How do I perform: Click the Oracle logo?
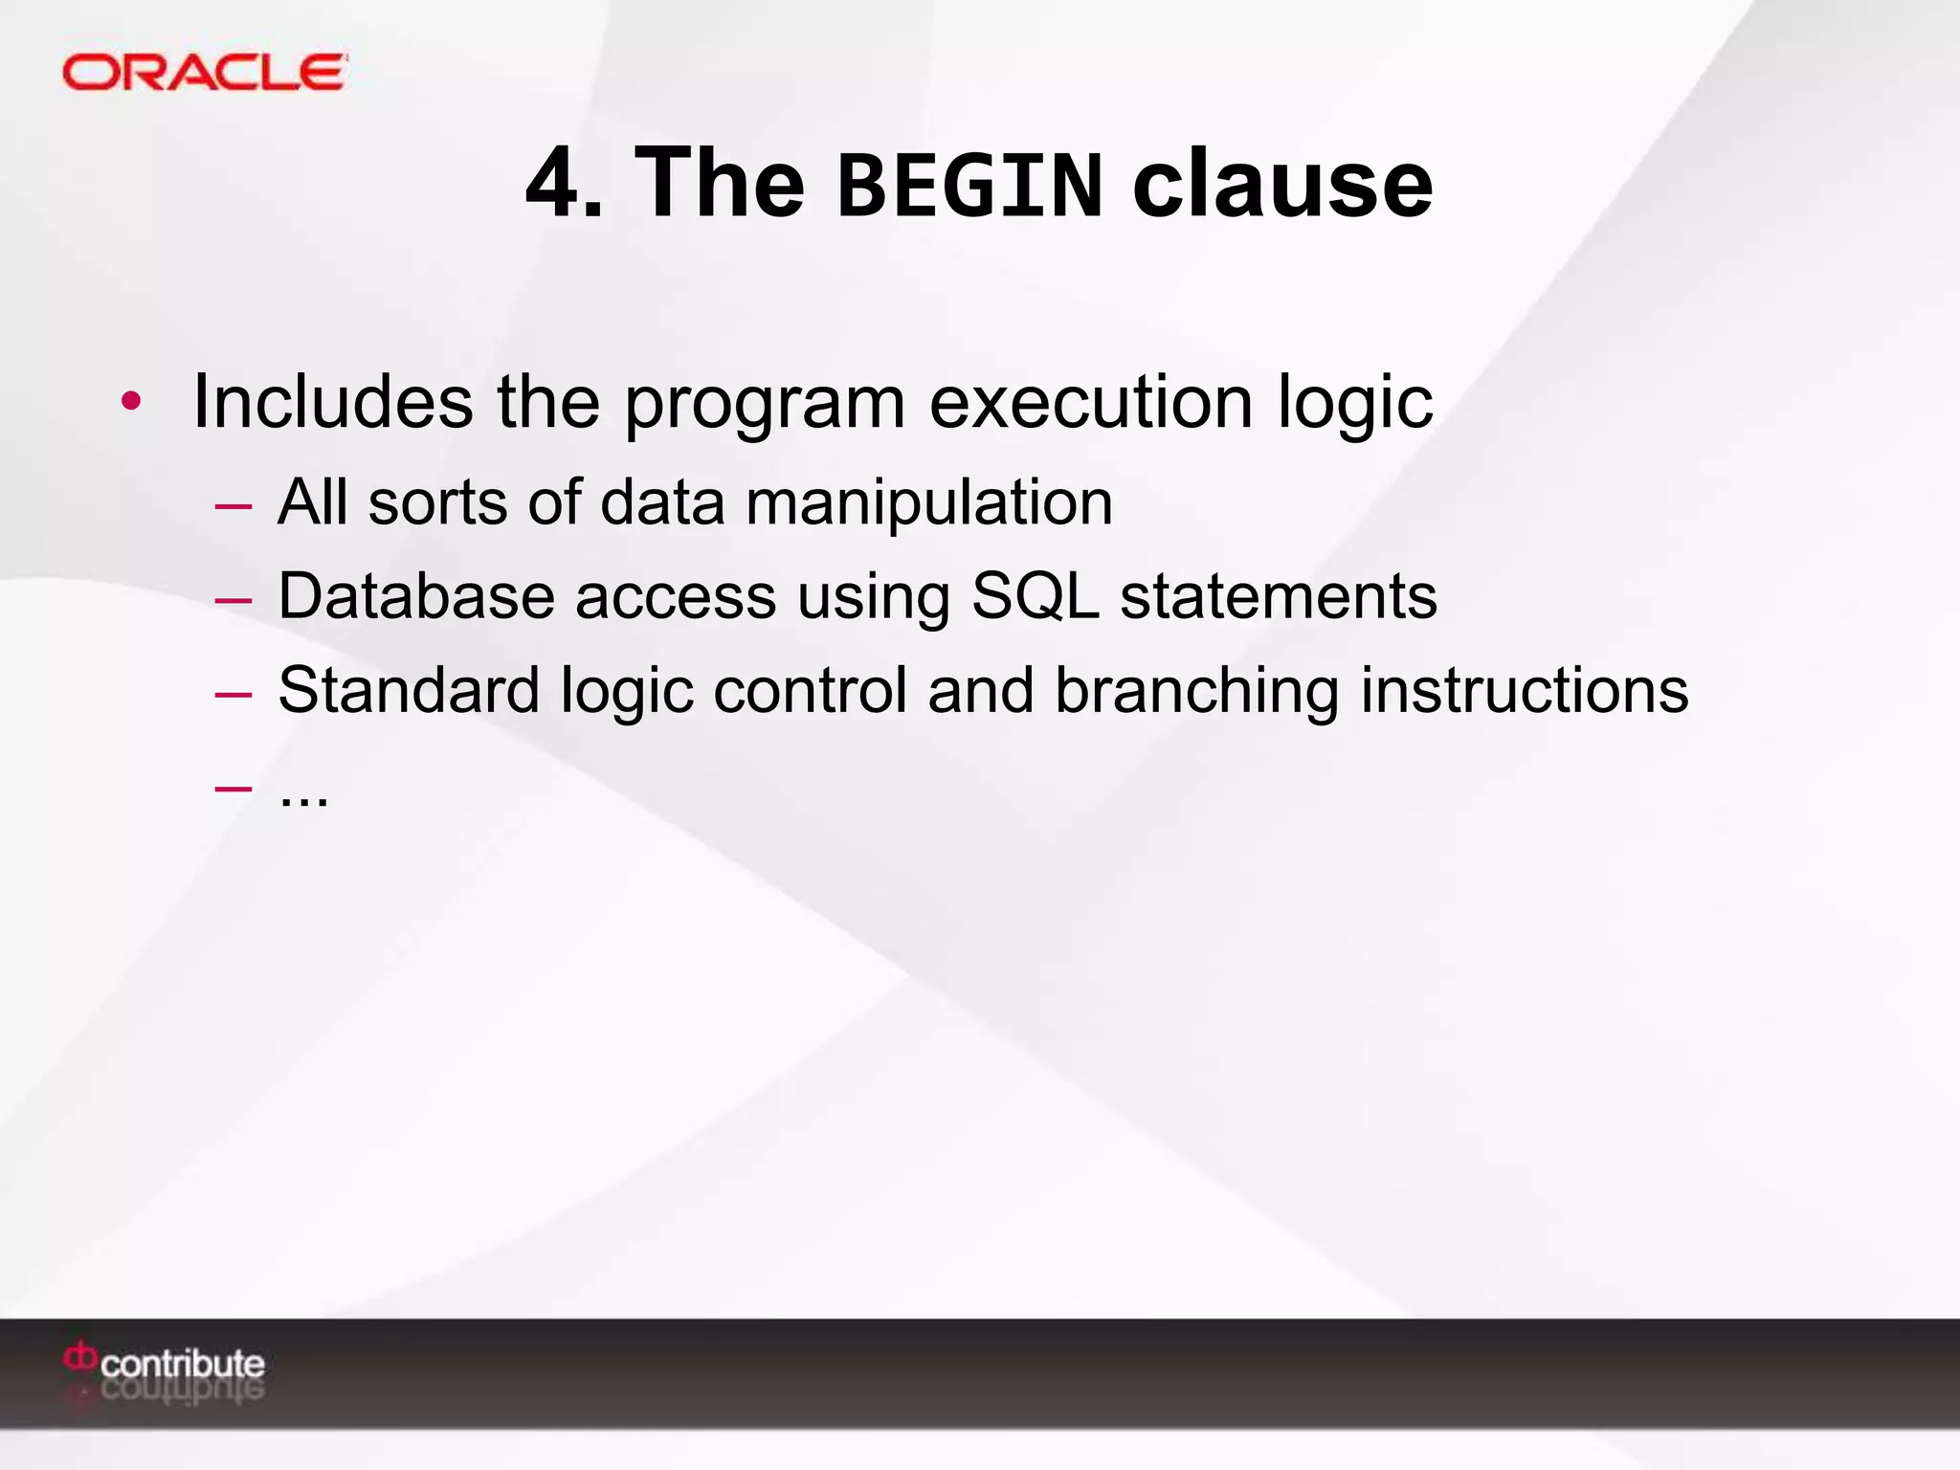point(204,73)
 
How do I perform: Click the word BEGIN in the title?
point(969,185)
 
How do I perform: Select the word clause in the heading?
point(1282,184)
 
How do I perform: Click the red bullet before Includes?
point(131,402)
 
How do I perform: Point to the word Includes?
point(332,401)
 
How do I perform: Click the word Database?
point(416,596)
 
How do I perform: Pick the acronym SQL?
point(1035,597)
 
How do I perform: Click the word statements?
point(1278,597)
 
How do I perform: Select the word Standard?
point(409,690)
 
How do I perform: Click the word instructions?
point(1524,691)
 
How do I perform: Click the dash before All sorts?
point(234,504)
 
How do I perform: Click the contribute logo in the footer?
point(165,1364)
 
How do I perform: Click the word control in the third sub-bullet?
point(810,690)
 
